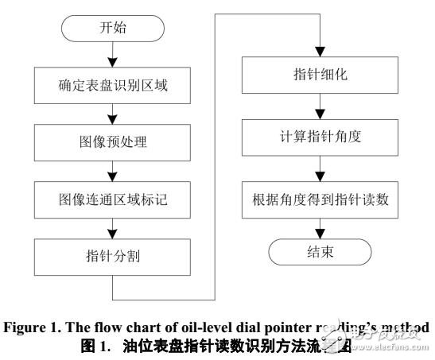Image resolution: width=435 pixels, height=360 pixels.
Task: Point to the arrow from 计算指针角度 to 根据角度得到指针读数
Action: click(320, 167)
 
